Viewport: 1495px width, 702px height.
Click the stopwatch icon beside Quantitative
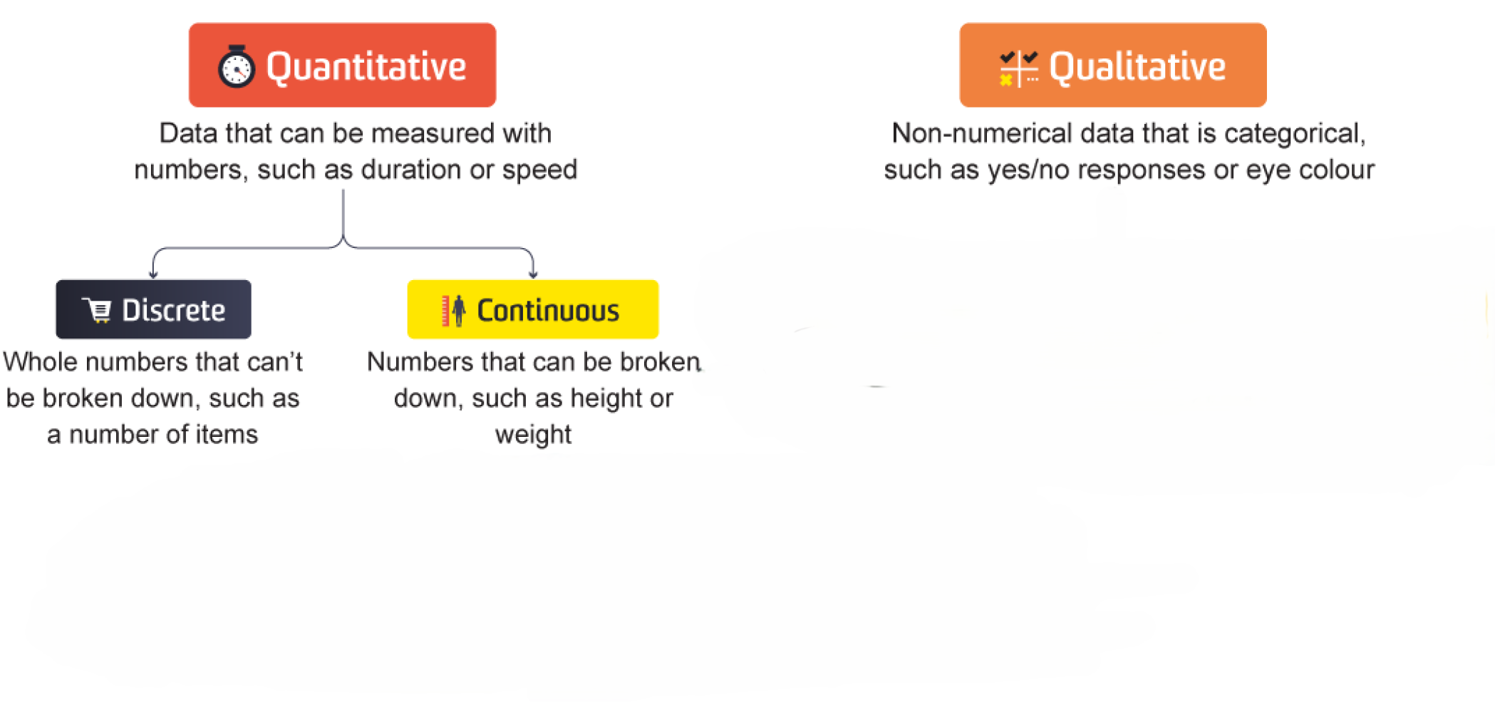[237, 66]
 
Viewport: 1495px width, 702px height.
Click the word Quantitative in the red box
[366, 67]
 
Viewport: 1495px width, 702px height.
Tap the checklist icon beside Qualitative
[1019, 68]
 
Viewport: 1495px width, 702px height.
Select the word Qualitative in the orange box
[1137, 67]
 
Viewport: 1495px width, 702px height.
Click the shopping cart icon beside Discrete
[97, 310]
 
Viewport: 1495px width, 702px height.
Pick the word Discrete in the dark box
[174, 310]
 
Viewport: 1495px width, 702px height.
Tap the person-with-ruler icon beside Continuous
[453, 311]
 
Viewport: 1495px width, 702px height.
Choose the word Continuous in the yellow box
[548, 311]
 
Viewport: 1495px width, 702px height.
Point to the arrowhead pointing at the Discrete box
[153, 274]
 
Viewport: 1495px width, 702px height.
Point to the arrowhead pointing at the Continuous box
[533, 274]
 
